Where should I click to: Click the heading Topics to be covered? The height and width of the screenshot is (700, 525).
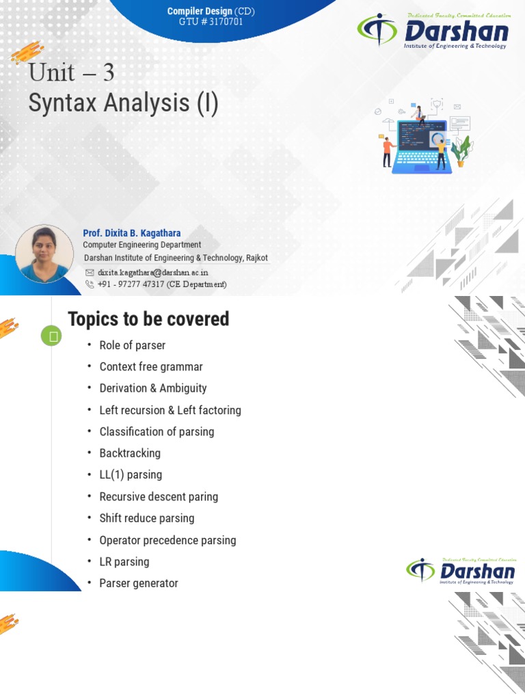pos(148,319)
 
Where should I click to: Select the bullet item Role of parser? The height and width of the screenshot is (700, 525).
pos(132,345)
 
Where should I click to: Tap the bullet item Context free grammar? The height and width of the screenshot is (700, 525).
pos(151,367)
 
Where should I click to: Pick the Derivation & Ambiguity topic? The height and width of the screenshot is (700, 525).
pos(152,388)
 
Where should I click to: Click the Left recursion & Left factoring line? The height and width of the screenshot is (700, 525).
pos(170,410)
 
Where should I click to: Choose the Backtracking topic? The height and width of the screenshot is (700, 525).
pos(130,453)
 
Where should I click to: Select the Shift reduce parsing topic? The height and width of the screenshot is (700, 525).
pos(147,518)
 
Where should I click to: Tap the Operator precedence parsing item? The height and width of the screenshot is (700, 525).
pos(167,540)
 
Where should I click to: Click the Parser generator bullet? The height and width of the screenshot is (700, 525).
pos(139,583)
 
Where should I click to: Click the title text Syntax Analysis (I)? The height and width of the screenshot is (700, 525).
pos(124,103)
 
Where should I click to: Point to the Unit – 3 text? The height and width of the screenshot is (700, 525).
pos(71,72)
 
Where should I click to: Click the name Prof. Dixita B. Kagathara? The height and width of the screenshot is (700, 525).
pos(132,233)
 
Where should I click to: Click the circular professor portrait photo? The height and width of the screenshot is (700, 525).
pos(44,254)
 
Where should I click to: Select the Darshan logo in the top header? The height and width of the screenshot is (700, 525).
pos(433,33)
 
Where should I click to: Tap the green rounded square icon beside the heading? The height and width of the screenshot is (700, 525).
pos(51,336)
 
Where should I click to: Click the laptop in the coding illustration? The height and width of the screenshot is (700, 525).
pos(420,147)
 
